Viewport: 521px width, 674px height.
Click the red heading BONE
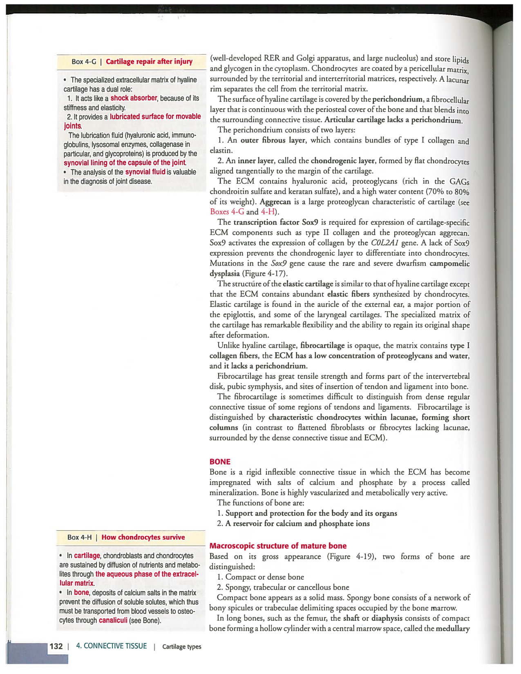[220, 462]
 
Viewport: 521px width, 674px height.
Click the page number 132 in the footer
[56, 646]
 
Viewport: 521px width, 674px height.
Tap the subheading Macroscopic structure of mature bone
[278, 546]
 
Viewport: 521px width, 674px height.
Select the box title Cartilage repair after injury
[149, 62]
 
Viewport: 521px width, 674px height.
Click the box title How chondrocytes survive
[143, 537]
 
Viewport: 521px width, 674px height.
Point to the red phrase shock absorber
[134, 98]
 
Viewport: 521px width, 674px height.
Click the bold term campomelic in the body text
[449, 263]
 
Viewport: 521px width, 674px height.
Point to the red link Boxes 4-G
[227, 212]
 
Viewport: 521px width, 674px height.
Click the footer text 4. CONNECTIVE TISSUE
[111, 646]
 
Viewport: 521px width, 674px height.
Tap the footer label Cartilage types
[181, 647]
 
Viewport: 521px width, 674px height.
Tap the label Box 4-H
[79, 537]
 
